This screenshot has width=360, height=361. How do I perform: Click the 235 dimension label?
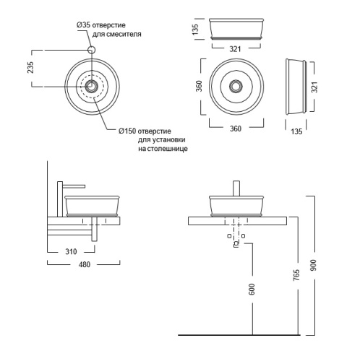pyautogui.click(x=30, y=68)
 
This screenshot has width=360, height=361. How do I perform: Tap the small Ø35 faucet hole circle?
pyautogui.click(x=91, y=50)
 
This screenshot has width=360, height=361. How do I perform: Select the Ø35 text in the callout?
pyautogui.click(x=84, y=25)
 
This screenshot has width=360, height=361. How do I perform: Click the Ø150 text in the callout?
pyautogui.click(x=127, y=131)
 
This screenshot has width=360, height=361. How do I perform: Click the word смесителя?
pyautogui.click(x=124, y=34)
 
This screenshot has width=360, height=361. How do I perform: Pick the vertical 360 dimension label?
pyautogui.click(x=199, y=86)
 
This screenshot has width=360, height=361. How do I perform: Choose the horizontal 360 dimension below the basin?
pyautogui.click(x=236, y=129)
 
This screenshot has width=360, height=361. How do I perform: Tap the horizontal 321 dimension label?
pyautogui.click(x=235, y=49)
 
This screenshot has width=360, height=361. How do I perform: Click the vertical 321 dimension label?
pyautogui.click(x=314, y=87)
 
